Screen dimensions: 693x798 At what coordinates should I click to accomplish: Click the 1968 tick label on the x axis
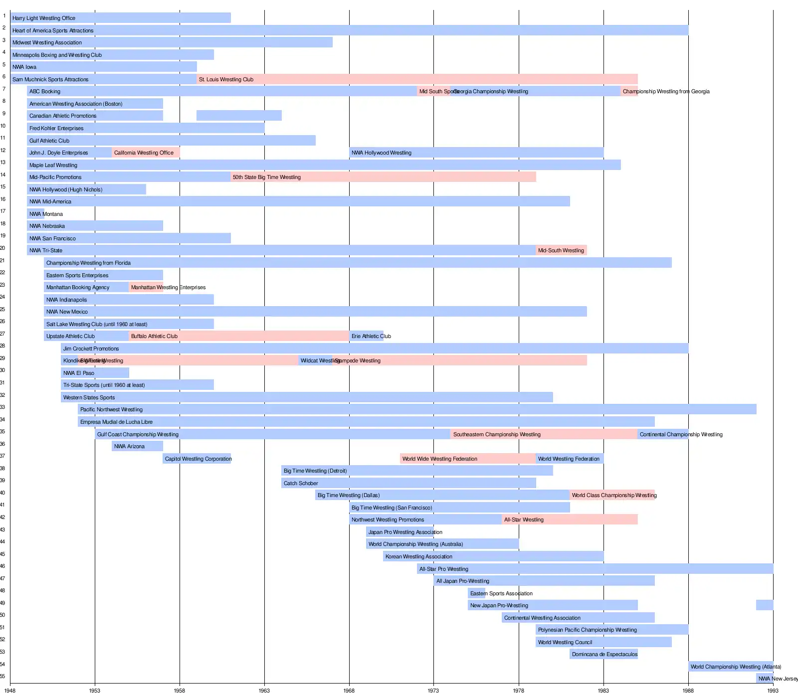[349, 690]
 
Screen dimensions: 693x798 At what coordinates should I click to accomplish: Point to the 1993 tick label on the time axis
[773, 690]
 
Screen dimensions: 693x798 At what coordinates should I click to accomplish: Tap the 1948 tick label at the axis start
[10, 690]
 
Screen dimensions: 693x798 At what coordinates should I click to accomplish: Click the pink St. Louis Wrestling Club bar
[417, 79]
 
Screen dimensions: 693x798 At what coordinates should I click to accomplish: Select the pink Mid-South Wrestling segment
[561, 250]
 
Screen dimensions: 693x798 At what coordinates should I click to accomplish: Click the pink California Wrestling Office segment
[146, 153]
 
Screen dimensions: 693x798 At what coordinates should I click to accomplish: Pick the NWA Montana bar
[35, 214]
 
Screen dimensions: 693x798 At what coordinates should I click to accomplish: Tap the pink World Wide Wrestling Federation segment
[468, 459]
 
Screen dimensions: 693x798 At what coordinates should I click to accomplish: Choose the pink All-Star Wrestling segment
[570, 520]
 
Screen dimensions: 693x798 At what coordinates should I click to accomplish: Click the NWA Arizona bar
[137, 446]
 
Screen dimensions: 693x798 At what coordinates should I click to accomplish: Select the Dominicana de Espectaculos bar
[603, 654]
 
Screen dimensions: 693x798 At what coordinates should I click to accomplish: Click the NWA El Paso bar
[95, 373]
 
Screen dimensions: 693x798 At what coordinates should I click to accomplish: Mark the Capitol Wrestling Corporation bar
[197, 459]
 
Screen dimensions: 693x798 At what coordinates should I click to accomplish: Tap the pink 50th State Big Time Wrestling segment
[383, 177]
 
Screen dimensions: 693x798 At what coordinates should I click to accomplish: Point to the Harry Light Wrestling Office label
[44, 18]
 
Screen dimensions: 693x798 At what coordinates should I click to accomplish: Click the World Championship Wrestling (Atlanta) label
[736, 667]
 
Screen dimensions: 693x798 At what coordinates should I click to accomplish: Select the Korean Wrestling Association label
[419, 556]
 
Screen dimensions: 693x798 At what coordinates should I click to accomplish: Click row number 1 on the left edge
[4, 16]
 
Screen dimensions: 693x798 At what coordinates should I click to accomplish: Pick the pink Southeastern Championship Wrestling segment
[544, 434]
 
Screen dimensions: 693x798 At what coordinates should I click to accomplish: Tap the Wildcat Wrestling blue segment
[315, 360]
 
